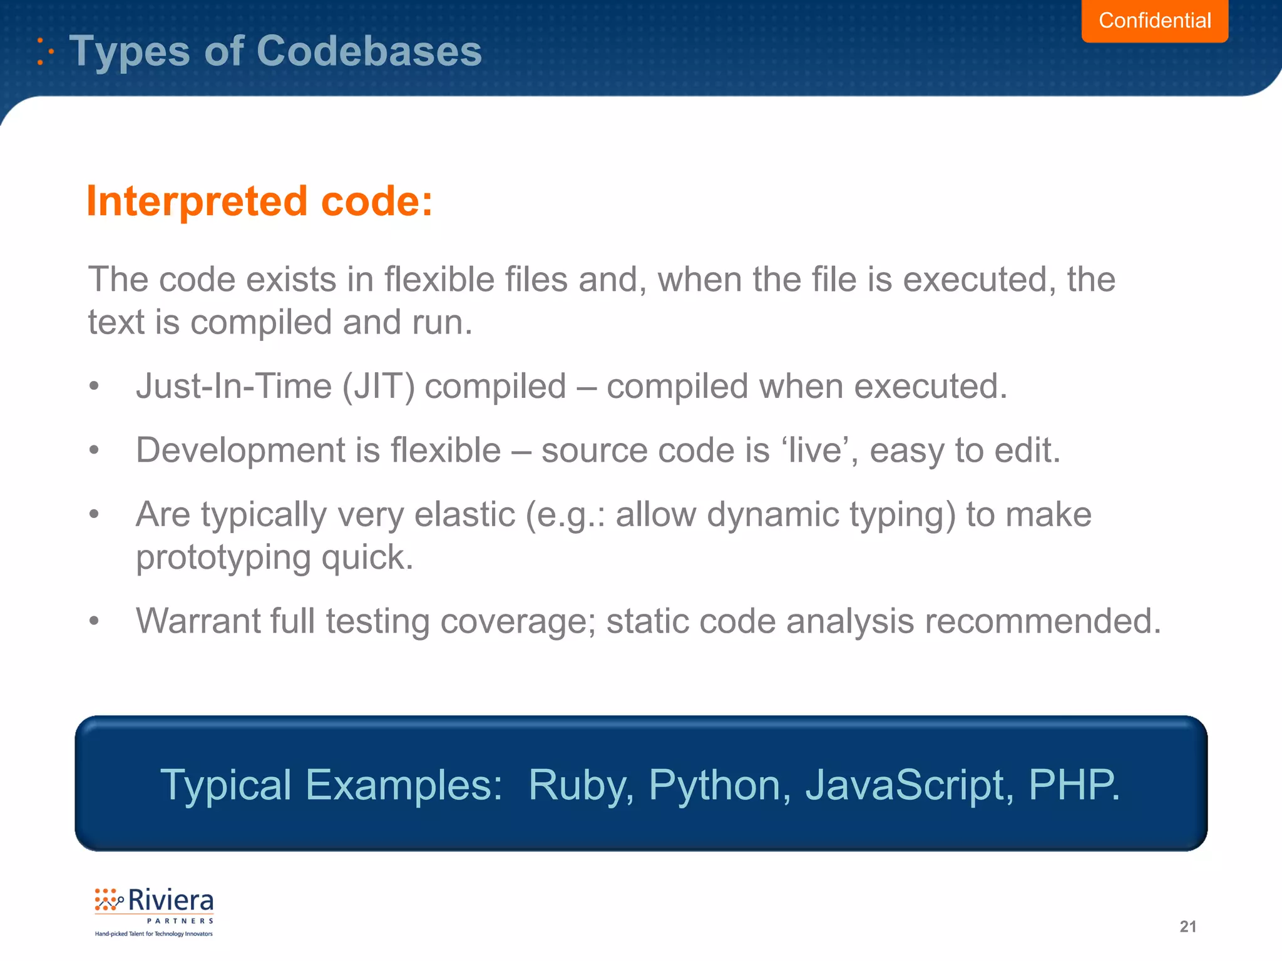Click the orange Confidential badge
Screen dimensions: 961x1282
pos(1154,21)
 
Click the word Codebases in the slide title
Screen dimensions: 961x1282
pos(369,51)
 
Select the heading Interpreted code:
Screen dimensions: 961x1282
pos(259,201)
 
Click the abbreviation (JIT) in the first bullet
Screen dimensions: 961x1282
pos(378,386)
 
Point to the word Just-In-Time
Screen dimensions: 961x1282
pos(233,386)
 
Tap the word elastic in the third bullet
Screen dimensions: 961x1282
pos(464,515)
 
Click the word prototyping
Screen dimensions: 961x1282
pos(223,557)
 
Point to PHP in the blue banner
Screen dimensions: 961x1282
pos(1072,785)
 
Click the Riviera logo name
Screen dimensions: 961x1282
pos(170,901)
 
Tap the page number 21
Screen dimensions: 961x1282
pos(1187,927)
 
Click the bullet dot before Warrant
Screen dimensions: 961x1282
pos(94,621)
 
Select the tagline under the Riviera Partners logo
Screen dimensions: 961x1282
pos(153,934)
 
